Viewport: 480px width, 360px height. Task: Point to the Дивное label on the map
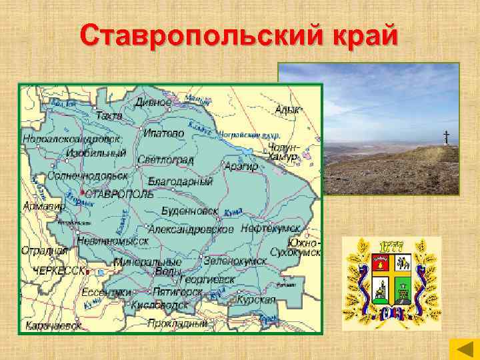coord(153,103)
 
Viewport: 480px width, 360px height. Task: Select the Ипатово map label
coord(163,133)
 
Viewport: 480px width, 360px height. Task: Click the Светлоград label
coord(165,160)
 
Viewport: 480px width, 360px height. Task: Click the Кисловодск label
coord(160,305)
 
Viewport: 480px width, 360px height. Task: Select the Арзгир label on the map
coord(241,166)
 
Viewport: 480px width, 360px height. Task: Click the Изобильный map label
coord(96,153)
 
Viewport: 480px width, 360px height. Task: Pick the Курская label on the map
coord(257,299)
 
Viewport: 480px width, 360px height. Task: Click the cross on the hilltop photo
coord(446,137)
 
